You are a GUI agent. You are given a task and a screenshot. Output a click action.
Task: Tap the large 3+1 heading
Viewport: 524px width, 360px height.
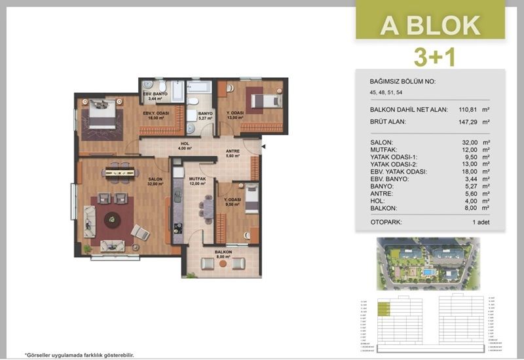(430, 57)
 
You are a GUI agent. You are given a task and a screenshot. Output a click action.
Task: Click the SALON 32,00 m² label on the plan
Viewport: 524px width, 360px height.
(155, 181)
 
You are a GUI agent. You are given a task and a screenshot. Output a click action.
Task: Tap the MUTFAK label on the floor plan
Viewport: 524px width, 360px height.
(198, 181)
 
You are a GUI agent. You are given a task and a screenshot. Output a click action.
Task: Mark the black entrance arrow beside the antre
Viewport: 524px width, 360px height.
(263, 148)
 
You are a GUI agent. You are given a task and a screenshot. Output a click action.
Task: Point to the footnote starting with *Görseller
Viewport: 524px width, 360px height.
(79, 353)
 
